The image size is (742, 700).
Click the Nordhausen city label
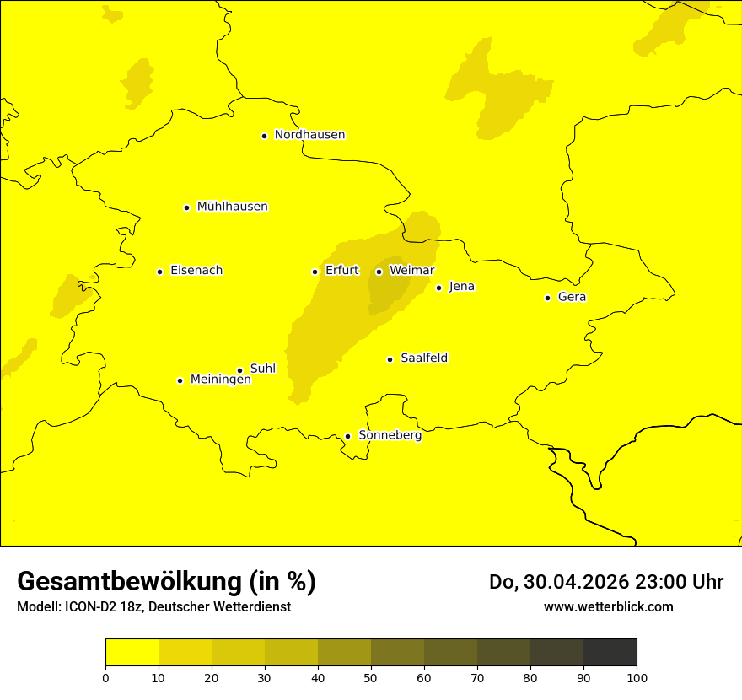pos(309,135)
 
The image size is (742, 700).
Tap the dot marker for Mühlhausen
pos(186,207)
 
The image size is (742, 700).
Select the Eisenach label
pos(196,271)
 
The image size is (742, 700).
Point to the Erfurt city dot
pos(315,272)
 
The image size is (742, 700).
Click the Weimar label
pos(412,271)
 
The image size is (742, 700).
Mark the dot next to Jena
pos(438,288)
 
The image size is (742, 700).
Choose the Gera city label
pos(572,297)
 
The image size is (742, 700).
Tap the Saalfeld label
pos(424,358)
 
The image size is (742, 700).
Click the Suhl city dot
pos(239,370)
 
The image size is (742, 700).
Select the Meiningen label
pos(221,380)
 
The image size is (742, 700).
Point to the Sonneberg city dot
pos(347,436)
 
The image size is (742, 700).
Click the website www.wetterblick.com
pos(608,607)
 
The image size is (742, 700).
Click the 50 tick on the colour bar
pos(371,677)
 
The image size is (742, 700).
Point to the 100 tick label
pos(637,677)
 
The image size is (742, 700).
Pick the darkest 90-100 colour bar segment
pos(610,653)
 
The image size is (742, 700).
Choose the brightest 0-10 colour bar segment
pos(132,653)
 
